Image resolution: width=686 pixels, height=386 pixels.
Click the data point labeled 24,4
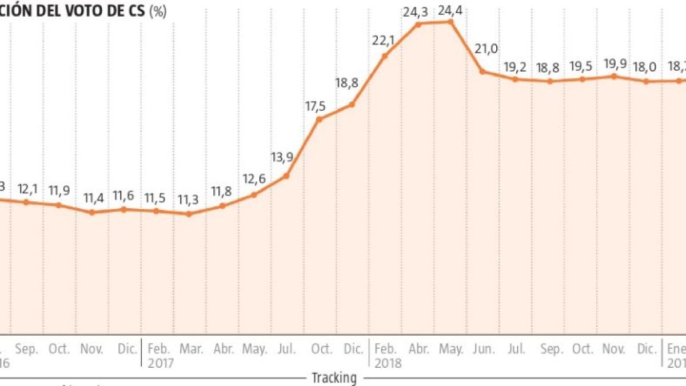click(450, 22)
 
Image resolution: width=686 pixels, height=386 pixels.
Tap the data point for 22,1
click(385, 55)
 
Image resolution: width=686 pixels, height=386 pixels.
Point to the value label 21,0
click(487, 49)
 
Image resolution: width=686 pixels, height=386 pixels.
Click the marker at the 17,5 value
click(319, 119)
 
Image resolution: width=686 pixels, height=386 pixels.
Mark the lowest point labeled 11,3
click(189, 214)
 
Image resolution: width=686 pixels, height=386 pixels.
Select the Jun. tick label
click(485, 349)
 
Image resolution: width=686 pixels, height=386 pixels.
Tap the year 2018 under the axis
click(389, 363)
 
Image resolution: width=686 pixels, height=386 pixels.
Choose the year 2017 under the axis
click(161, 363)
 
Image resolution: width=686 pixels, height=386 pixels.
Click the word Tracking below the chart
click(334, 377)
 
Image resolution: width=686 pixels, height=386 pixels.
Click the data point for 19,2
click(516, 79)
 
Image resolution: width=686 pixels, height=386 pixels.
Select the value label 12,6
click(254, 178)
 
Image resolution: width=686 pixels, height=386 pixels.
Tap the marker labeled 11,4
click(92, 212)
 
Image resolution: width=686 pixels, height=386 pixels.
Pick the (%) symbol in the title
click(158, 11)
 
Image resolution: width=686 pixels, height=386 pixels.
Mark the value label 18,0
click(646, 66)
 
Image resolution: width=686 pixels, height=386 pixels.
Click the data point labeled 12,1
click(26, 202)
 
